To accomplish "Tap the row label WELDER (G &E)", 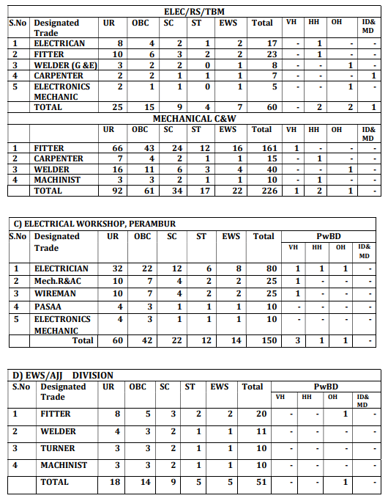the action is coord(64,65).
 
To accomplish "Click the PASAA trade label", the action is coord(48,306).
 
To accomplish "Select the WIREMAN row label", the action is coord(55,293).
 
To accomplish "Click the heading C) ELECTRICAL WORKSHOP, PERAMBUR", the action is coord(95,223).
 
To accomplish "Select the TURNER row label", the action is coord(58,447).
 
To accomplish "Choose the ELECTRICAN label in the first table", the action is coord(59,43).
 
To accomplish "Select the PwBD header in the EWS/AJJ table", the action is coord(326,386).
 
